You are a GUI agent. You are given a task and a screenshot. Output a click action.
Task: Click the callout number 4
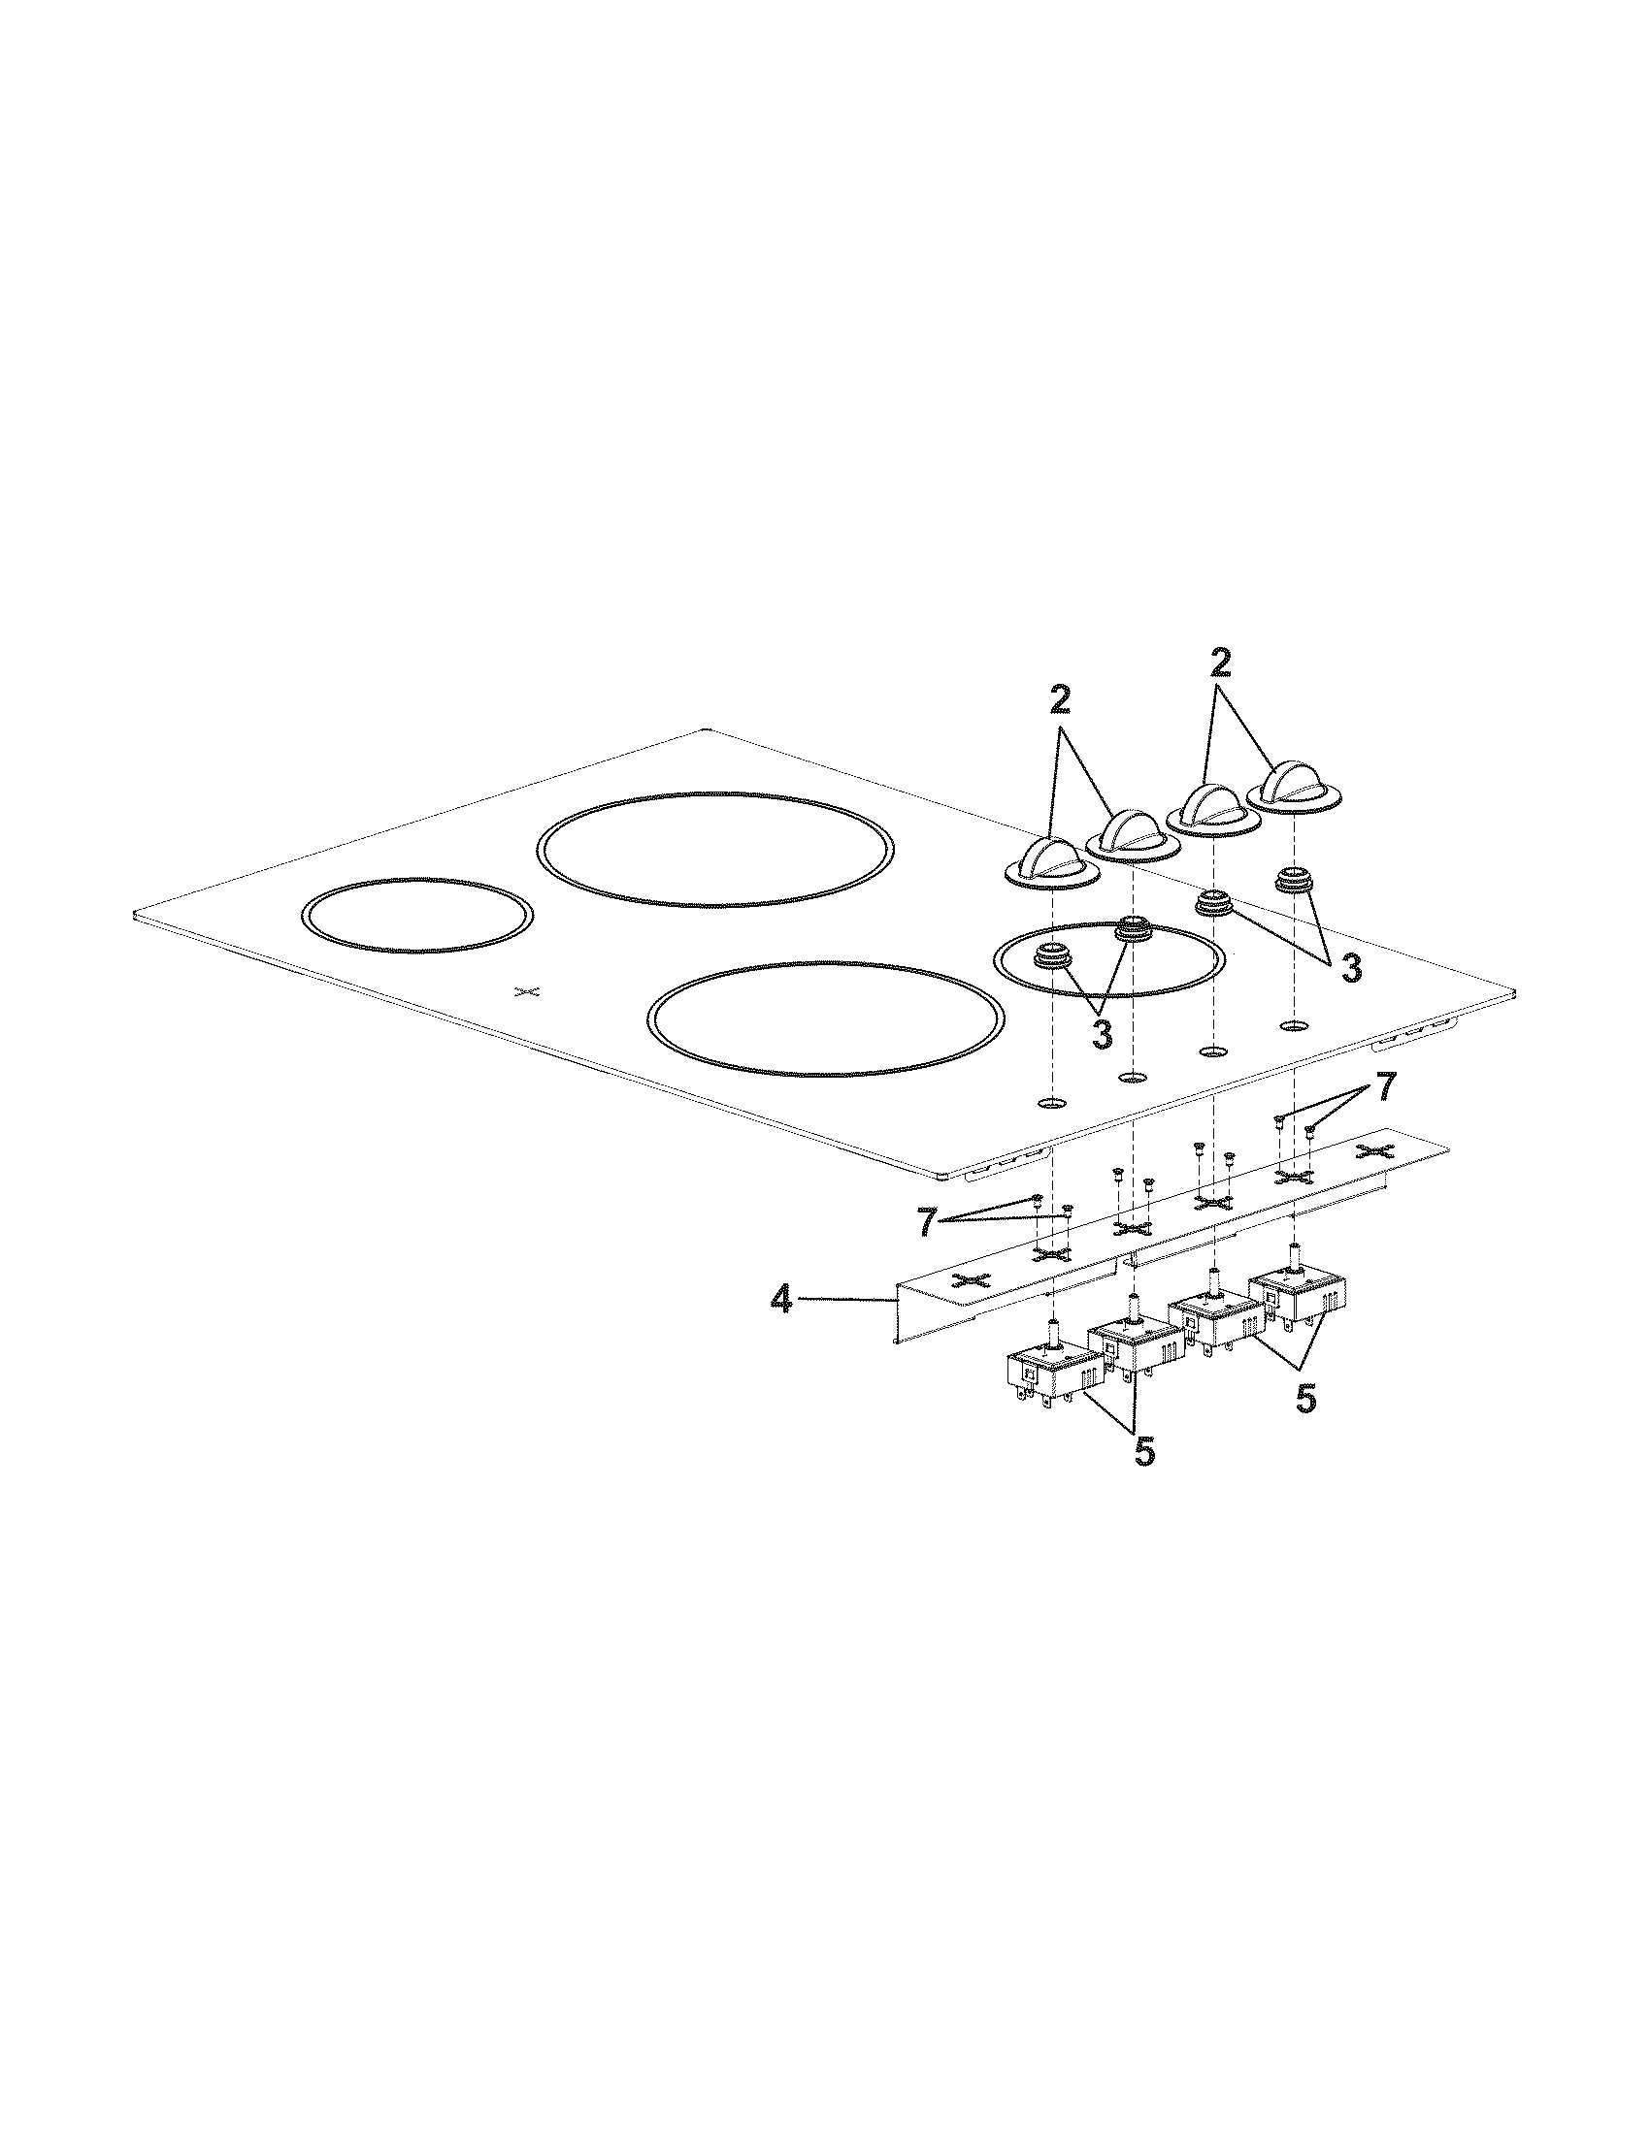pos(780,1300)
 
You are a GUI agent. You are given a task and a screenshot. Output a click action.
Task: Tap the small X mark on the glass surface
pos(527,991)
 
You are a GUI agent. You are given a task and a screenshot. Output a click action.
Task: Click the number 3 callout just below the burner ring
pos(1102,1035)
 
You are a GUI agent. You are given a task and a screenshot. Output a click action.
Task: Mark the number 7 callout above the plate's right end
pos(1385,1087)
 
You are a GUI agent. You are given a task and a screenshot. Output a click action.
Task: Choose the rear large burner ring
pos(715,848)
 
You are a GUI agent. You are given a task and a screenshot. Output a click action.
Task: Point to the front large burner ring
pos(826,1019)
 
